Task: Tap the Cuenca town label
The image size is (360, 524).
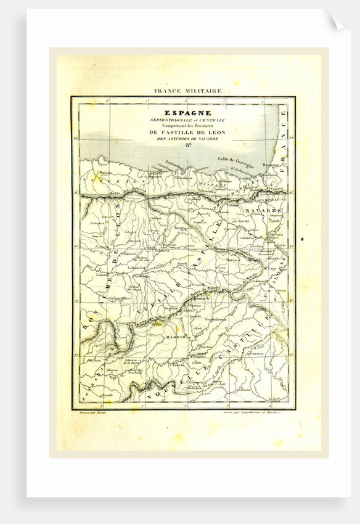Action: (255, 354)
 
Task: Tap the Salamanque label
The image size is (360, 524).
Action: (118, 298)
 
